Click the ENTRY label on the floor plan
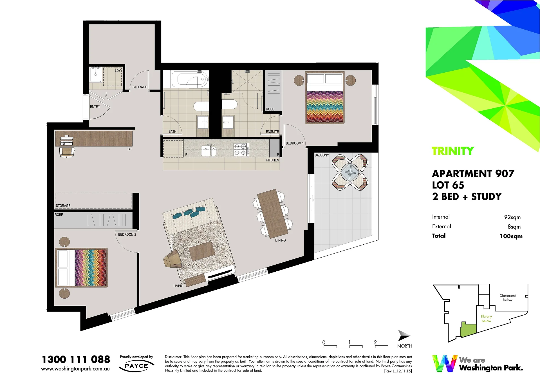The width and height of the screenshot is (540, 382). (95, 107)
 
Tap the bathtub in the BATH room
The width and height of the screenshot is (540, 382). (190, 79)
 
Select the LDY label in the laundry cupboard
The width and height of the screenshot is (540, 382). (118, 71)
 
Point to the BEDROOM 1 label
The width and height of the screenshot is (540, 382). (295, 143)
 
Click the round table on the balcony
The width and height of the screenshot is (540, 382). (350, 172)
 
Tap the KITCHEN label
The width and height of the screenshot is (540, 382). (272, 160)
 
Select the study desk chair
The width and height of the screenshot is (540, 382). (67, 152)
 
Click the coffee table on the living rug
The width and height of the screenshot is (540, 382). (201, 251)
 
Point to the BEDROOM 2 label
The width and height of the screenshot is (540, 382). (127, 234)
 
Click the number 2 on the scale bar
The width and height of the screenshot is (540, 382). (375, 342)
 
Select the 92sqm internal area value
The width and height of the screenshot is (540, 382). (512, 217)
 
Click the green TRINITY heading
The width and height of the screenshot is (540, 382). (453, 151)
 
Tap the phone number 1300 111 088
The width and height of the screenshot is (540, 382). (76, 359)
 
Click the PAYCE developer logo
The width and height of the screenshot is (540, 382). (136, 366)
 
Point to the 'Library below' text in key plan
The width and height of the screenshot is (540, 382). (486, 319)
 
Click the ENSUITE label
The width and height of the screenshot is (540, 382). (272, 132)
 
